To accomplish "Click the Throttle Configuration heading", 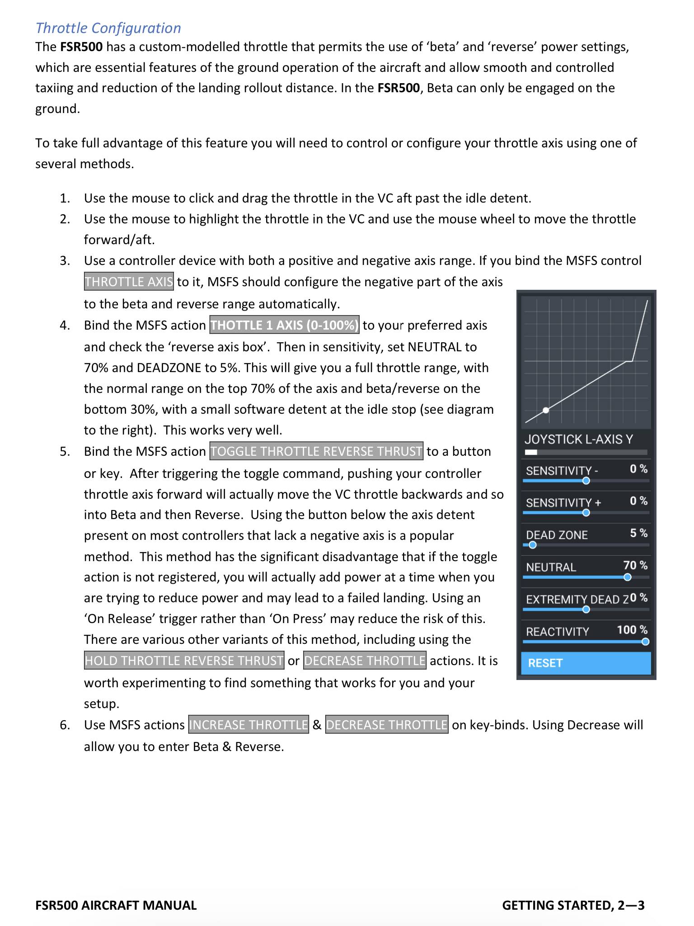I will click(x=108, y=28).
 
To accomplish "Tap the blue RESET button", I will click(x=586, y=663).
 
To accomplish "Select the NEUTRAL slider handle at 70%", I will click(x=627, y=577).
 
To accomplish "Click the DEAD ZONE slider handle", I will click(x=533, y=545).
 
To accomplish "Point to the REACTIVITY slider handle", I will click(x=645, y=642).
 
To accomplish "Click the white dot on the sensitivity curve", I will click(x=546, y=410).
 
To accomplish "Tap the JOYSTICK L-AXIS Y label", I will click(x=579, y=439).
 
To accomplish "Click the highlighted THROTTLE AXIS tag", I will click(x=129, y=282).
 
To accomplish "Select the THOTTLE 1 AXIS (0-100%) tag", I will click(x=284, y=325).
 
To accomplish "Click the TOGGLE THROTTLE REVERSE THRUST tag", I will click(x=316, y=451).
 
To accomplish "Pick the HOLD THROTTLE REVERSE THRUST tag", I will click(x=184, y=661).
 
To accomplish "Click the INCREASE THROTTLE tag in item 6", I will click(x=249, y=725).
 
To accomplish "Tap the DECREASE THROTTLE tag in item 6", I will click(x=386, y=725).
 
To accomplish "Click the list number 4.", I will click(x=65, y=325).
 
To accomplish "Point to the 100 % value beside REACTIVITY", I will click(x=632, y=630).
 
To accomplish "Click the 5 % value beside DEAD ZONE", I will click(x=638, y=533).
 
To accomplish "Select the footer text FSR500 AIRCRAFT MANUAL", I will click(x=116, y=905).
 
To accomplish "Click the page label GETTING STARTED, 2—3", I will click(x=573, y=905).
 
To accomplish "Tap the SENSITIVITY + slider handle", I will click(x=586, y=513).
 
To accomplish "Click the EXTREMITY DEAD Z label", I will click(x=577, y=600).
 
